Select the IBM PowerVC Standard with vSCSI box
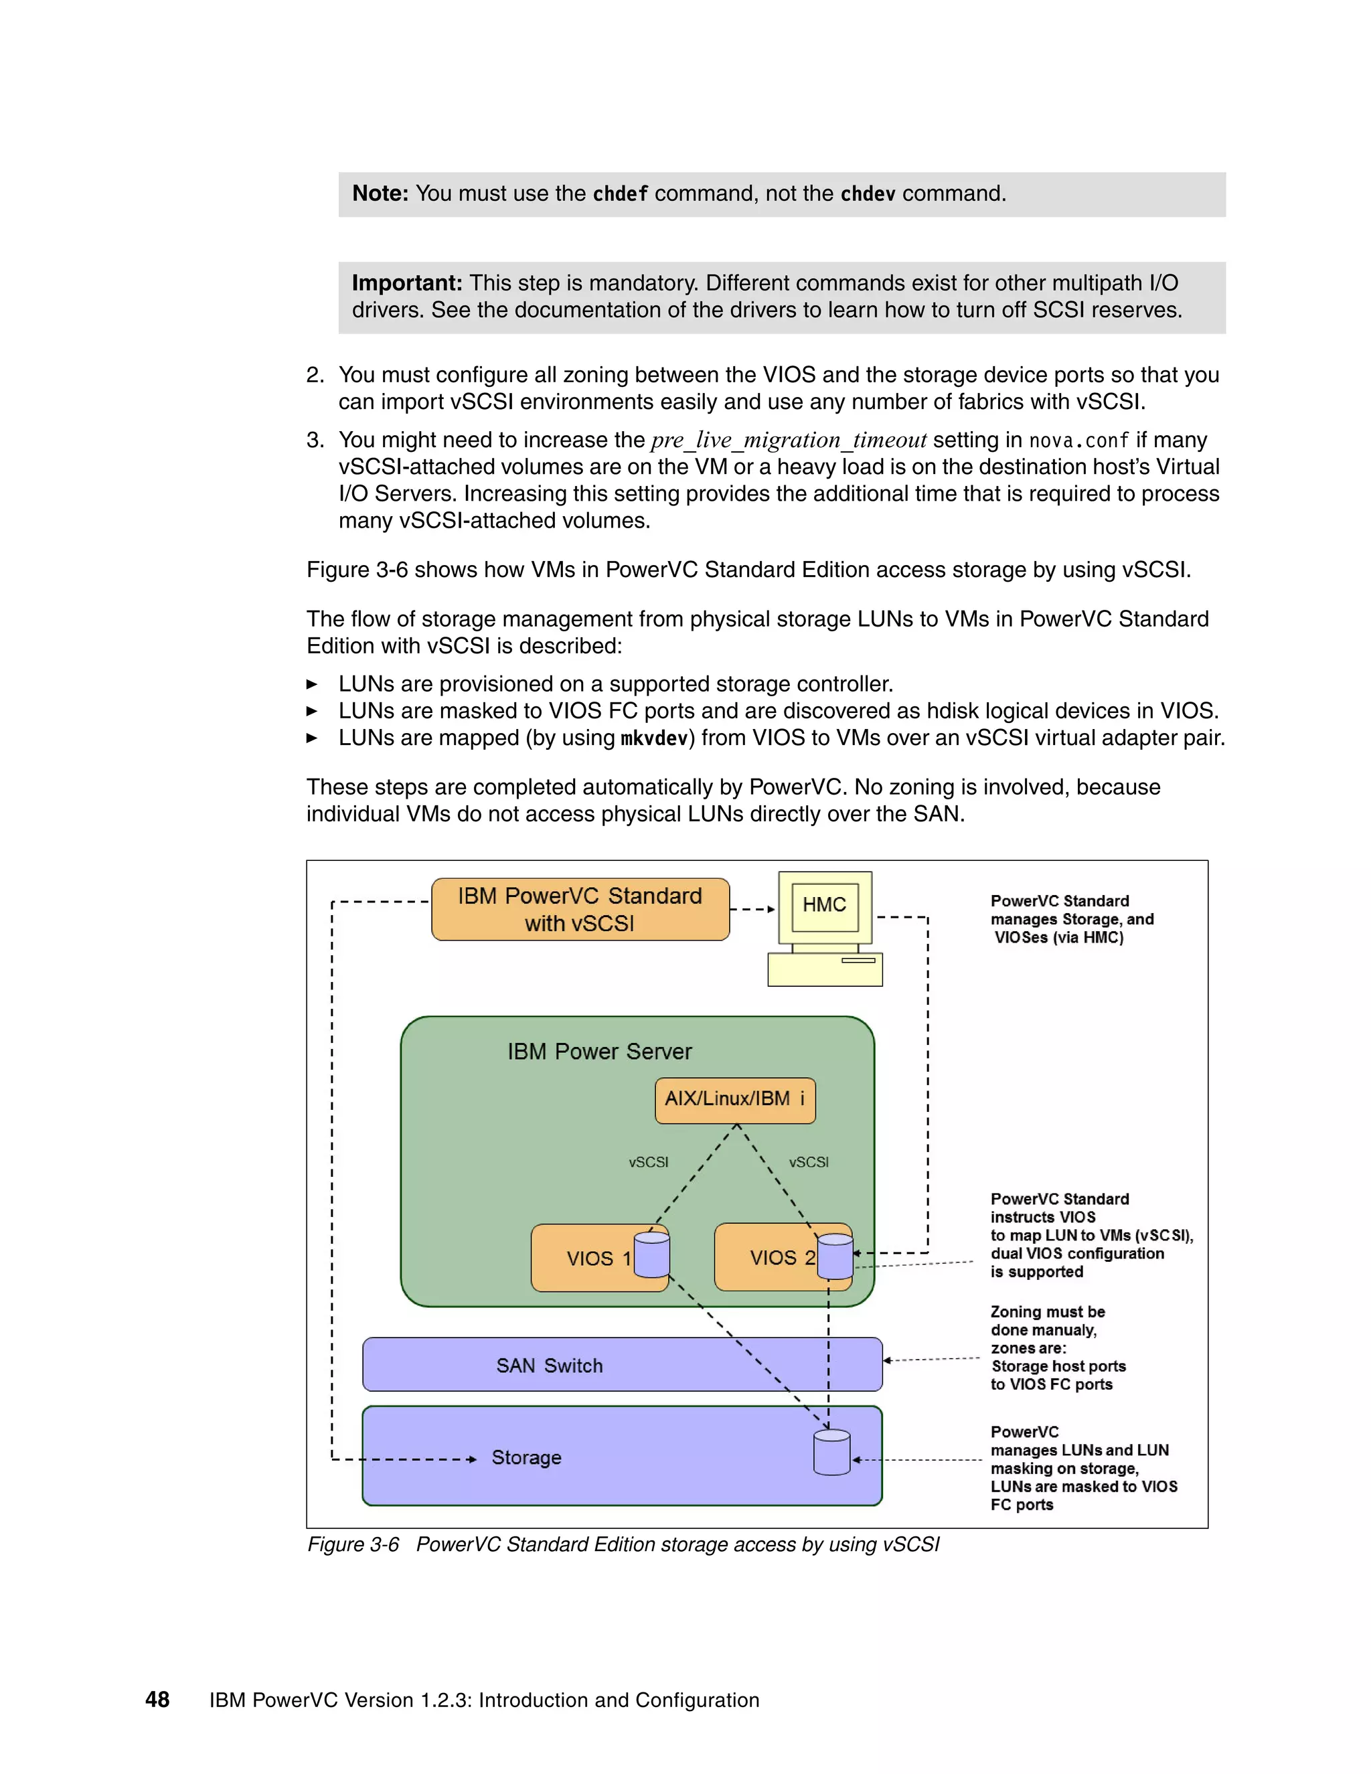tap(580, 909)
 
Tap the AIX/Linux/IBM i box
tap(735, 1100)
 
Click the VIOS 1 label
tap(598, 1259)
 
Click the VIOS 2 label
tap(781, 1257)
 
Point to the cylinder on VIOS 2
tap(835, 1256)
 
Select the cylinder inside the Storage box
tap(831, 1453)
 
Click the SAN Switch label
tap(549, 1366)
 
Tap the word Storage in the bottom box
tap(526, 1457)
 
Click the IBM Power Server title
tap(599, 1051)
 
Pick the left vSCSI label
tap(648, 1162)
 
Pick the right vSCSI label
tap(808, 1162)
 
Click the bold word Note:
tap(380, 193)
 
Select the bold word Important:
tap(407, 283)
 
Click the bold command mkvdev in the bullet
tap(654, 738)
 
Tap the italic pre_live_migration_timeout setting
tap(788, 440)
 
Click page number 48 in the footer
tap(157, 1699)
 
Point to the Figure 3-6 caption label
tap(353, 1544)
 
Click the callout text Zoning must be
tap(1047, 1312)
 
